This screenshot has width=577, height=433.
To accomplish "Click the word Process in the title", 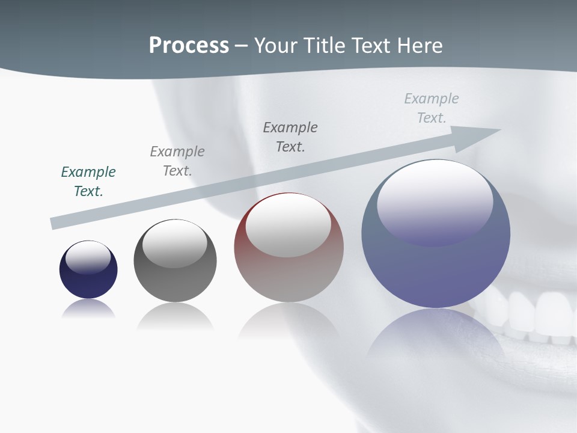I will pos(189,45).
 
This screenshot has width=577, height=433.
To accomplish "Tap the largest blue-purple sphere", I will pos(436,271).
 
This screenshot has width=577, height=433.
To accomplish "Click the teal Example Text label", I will pos(88,182).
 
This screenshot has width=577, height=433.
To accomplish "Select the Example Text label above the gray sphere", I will pos(177,161).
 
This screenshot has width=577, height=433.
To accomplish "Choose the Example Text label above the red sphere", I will pos(290,137).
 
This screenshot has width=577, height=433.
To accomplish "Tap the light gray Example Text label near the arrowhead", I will pos(432,108).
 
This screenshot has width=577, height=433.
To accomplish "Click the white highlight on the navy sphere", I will pos(88,256).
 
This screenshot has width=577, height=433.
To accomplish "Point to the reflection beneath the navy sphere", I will pos(88,309).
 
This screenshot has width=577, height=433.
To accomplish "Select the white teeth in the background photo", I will pos(535,313).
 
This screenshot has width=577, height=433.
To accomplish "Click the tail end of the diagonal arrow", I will pos(55,223).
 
